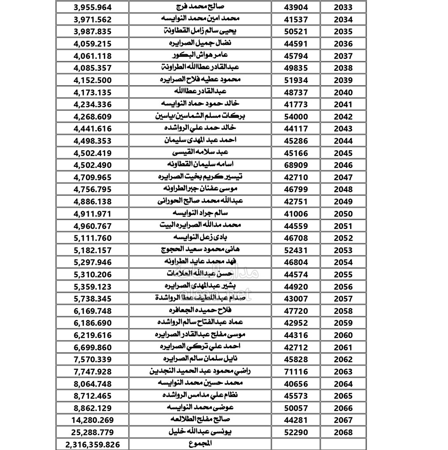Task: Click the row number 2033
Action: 343,8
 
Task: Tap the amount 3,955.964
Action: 91,8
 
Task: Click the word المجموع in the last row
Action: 200,443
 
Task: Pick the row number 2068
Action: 343,433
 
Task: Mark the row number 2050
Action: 343,214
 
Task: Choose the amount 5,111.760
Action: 91,238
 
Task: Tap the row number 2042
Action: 343,117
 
